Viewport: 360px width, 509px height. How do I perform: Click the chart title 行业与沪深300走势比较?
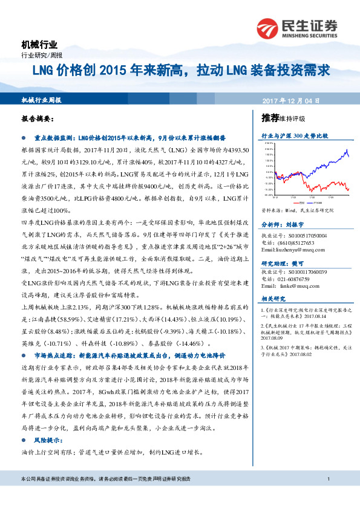(x=295, y=136)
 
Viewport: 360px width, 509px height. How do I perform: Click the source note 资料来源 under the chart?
(x=298, y=212)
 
